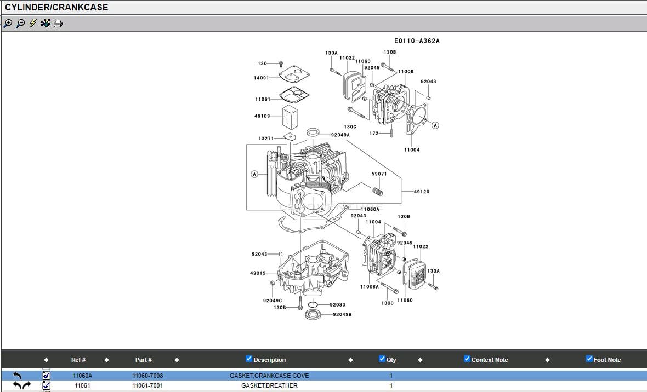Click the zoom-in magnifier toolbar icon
[x=8, y=24]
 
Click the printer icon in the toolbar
[x=58, y=24]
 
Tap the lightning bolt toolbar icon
[x=33, y=24]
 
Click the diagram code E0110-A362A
[x=417, y=41]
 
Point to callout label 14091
[x=261, y=78]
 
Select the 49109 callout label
[x=262, y=116]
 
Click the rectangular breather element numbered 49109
[x=290, y=117]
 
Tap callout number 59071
[x=379, y=174]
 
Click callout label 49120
[x=422, y=192]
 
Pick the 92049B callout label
[x=343, y=314]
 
